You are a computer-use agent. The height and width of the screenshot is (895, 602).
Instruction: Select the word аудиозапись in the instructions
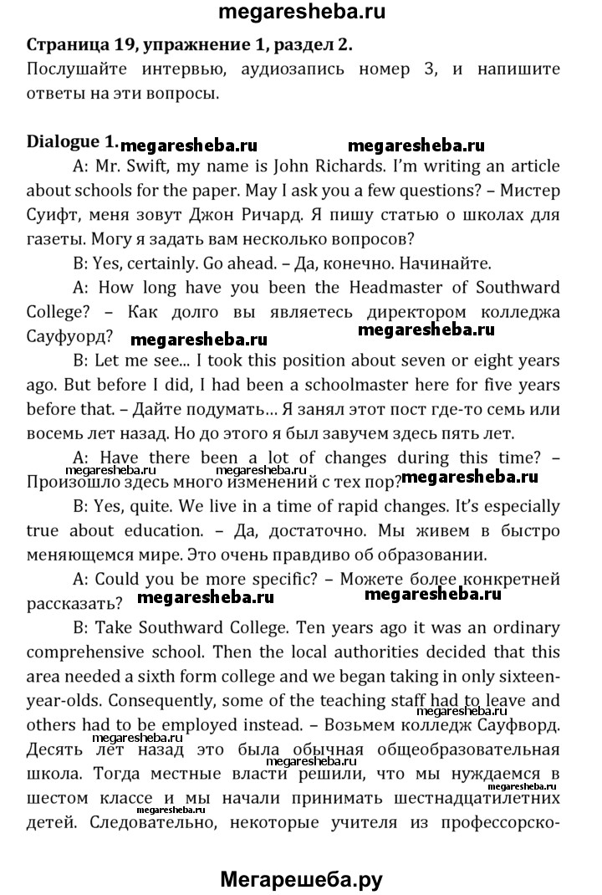(x=288, y=69)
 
